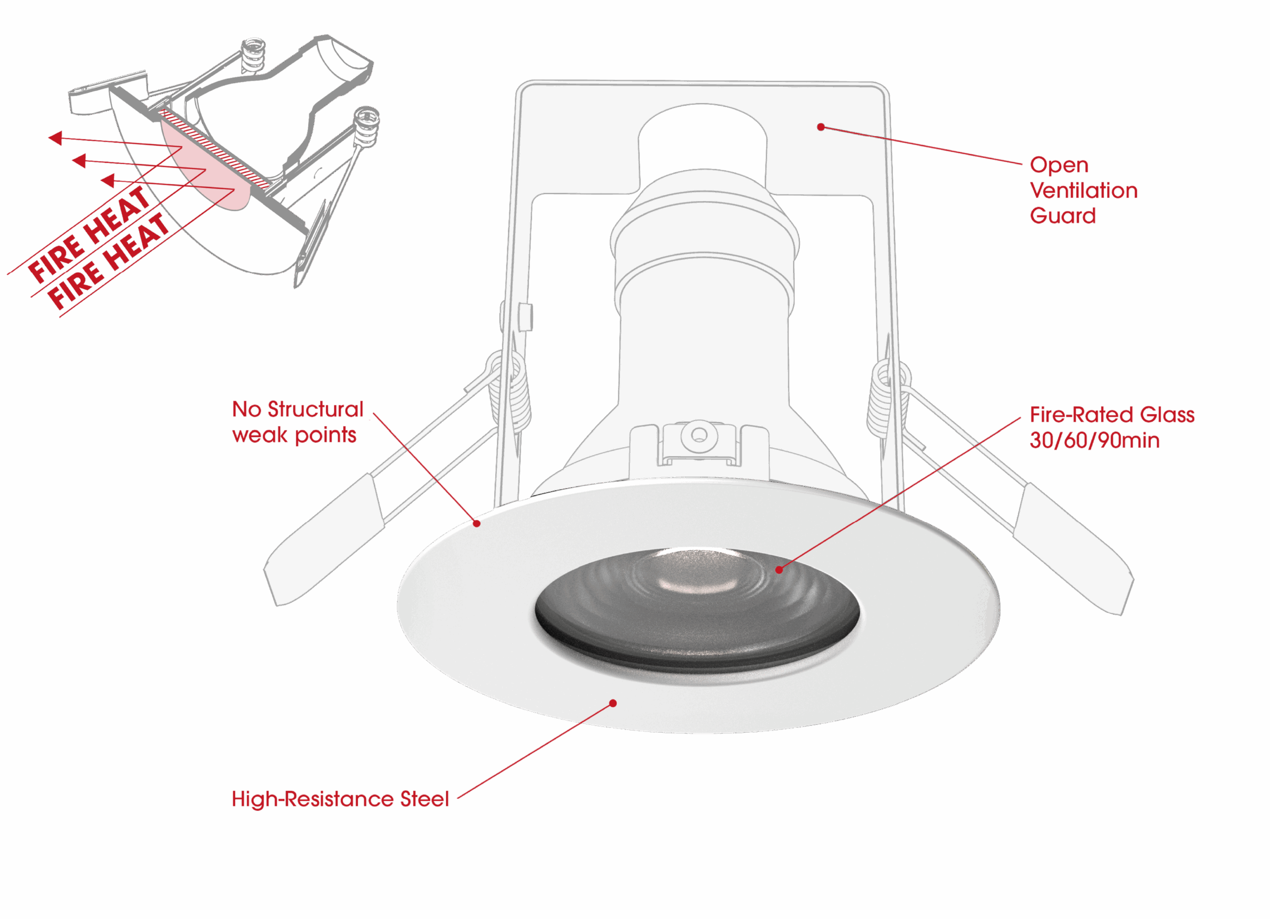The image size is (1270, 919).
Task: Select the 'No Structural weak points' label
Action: (x=297, y=422)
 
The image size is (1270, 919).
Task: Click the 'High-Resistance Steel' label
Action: (x=340, y=799)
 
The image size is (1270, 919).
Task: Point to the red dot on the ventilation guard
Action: (x=821, y=127)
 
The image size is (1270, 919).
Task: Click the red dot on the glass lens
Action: (x=779, y=570)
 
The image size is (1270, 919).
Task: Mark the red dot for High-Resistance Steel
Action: (x=613, y=703)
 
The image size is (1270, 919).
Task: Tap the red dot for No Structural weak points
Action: (x=477, y=524)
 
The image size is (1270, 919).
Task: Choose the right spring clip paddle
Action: (x=1073, y=549)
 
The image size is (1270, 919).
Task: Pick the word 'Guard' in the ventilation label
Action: (x=1062, y=216)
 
